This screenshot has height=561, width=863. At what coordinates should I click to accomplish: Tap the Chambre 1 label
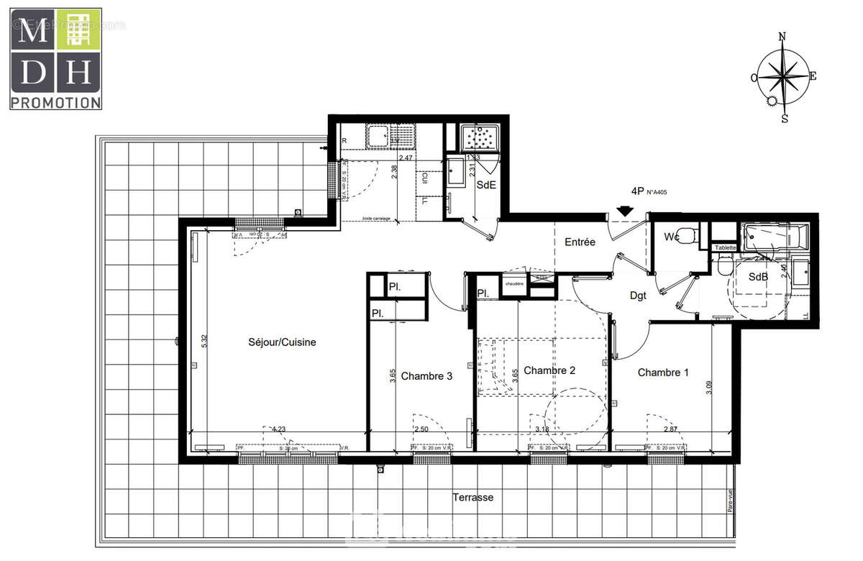pyautogui.click(x=663, y=373)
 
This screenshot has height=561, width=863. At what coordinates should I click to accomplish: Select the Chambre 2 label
pyautogui.click(x=549, y=370)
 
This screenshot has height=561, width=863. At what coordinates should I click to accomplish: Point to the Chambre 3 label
pyautogui.click(x=426, y=375)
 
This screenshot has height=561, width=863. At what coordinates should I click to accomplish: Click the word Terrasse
pyautogui.click(x=472, y=498)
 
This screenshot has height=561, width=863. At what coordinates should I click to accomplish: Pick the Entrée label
pyautogui.click(x=580, y=242)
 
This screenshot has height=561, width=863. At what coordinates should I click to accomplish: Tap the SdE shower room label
pyautogui.click(x=487, y=185)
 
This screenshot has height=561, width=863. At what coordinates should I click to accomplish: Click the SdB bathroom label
pyautogui.click(x=757, y=277)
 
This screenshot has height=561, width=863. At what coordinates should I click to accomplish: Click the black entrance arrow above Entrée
pyautogui.click(x=625, y=211)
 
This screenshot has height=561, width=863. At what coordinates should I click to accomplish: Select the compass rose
pyautogui.click(x=784, y=76)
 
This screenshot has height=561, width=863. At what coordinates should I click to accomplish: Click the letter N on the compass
pyautogui.click(x=783, y=36)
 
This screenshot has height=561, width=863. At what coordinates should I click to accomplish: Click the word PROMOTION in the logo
pyautogui.click(x=55, y=103)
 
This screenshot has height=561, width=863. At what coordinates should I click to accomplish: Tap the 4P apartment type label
pyautogui.click(x=636, y=191)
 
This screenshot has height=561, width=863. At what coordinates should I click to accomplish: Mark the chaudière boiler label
pyautogui.click(x=515, y=284)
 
